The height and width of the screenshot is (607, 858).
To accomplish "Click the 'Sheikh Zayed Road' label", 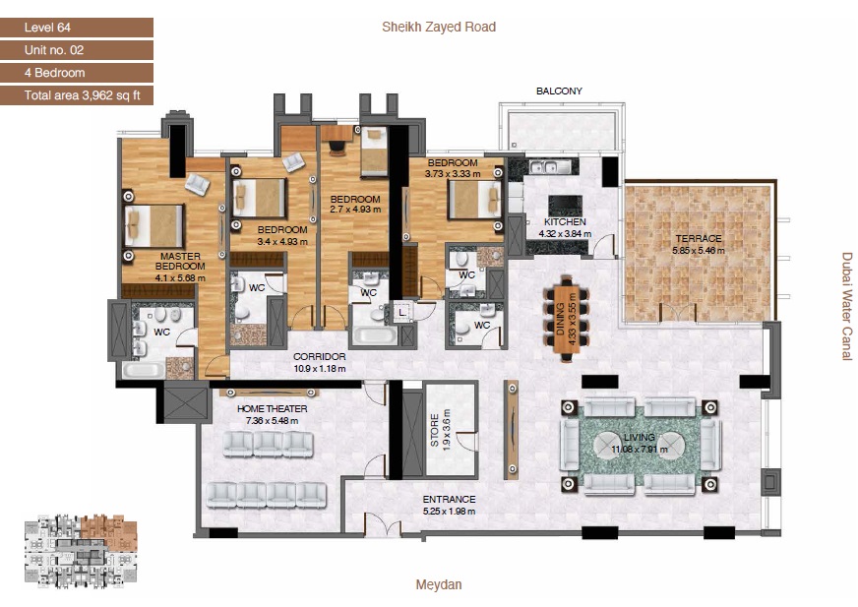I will point(439,27).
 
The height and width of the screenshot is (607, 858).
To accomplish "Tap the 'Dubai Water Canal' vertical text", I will point(846,306).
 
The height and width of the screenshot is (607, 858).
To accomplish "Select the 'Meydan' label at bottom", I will point(439,584).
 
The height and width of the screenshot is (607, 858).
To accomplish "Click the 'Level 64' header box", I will point(77,28).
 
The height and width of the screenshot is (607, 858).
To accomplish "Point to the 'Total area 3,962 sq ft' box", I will point(77,95).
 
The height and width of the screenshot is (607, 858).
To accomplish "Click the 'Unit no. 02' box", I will point(77,50).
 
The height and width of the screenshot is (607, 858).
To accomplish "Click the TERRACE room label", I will point(698,239).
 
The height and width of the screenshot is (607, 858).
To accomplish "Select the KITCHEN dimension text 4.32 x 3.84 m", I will point(567,234).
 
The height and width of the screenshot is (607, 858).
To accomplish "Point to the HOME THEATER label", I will point(273,408).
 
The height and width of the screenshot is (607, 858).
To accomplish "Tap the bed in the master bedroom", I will point(154,226).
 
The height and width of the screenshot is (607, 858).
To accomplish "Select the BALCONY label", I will point(559,91).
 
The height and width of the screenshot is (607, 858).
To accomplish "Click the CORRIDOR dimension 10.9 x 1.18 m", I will point(320,368).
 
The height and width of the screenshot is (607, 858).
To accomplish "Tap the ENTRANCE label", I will point(449,499).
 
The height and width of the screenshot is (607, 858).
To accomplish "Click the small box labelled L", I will point(403,313).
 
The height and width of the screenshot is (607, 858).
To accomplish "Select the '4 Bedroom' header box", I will point(77,73).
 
